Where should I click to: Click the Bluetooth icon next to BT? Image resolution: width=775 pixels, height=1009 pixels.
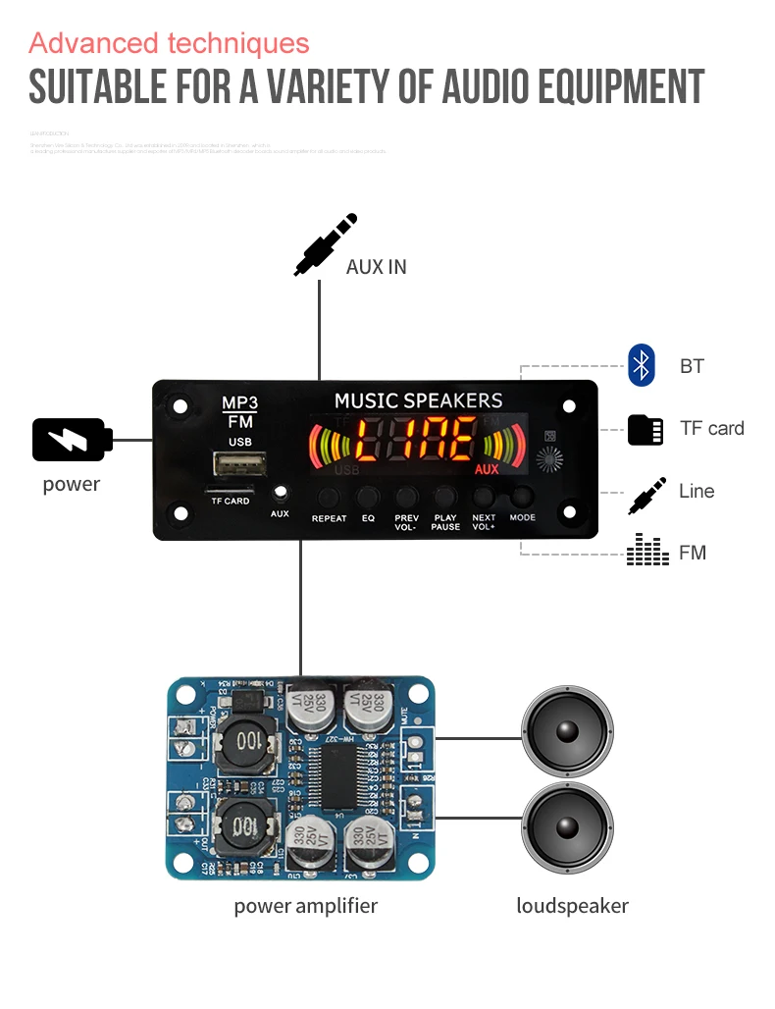point(642,365)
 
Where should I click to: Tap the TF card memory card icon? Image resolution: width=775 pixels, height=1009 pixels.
point(645,429)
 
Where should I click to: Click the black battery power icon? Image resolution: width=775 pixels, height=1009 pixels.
point(72,440)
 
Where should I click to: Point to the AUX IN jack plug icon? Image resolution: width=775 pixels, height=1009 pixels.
point(324,245)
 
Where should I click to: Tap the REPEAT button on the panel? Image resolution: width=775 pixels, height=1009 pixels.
point(329,497)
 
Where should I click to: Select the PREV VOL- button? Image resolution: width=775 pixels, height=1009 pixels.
point(406,497)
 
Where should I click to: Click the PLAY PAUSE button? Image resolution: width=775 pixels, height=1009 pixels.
point(444,497)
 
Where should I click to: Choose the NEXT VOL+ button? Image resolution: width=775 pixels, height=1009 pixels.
point(484,497)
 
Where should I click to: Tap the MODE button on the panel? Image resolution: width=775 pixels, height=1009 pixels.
point(522,497)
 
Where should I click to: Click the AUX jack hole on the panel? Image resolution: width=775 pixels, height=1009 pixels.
point(281,492)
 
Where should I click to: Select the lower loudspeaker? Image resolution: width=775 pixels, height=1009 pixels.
point(568,827)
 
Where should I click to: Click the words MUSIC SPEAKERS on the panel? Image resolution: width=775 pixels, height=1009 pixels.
point(418,400)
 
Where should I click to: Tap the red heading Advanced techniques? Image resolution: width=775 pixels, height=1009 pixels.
point(169,43)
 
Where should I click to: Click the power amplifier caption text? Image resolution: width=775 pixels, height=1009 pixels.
point(305,906)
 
